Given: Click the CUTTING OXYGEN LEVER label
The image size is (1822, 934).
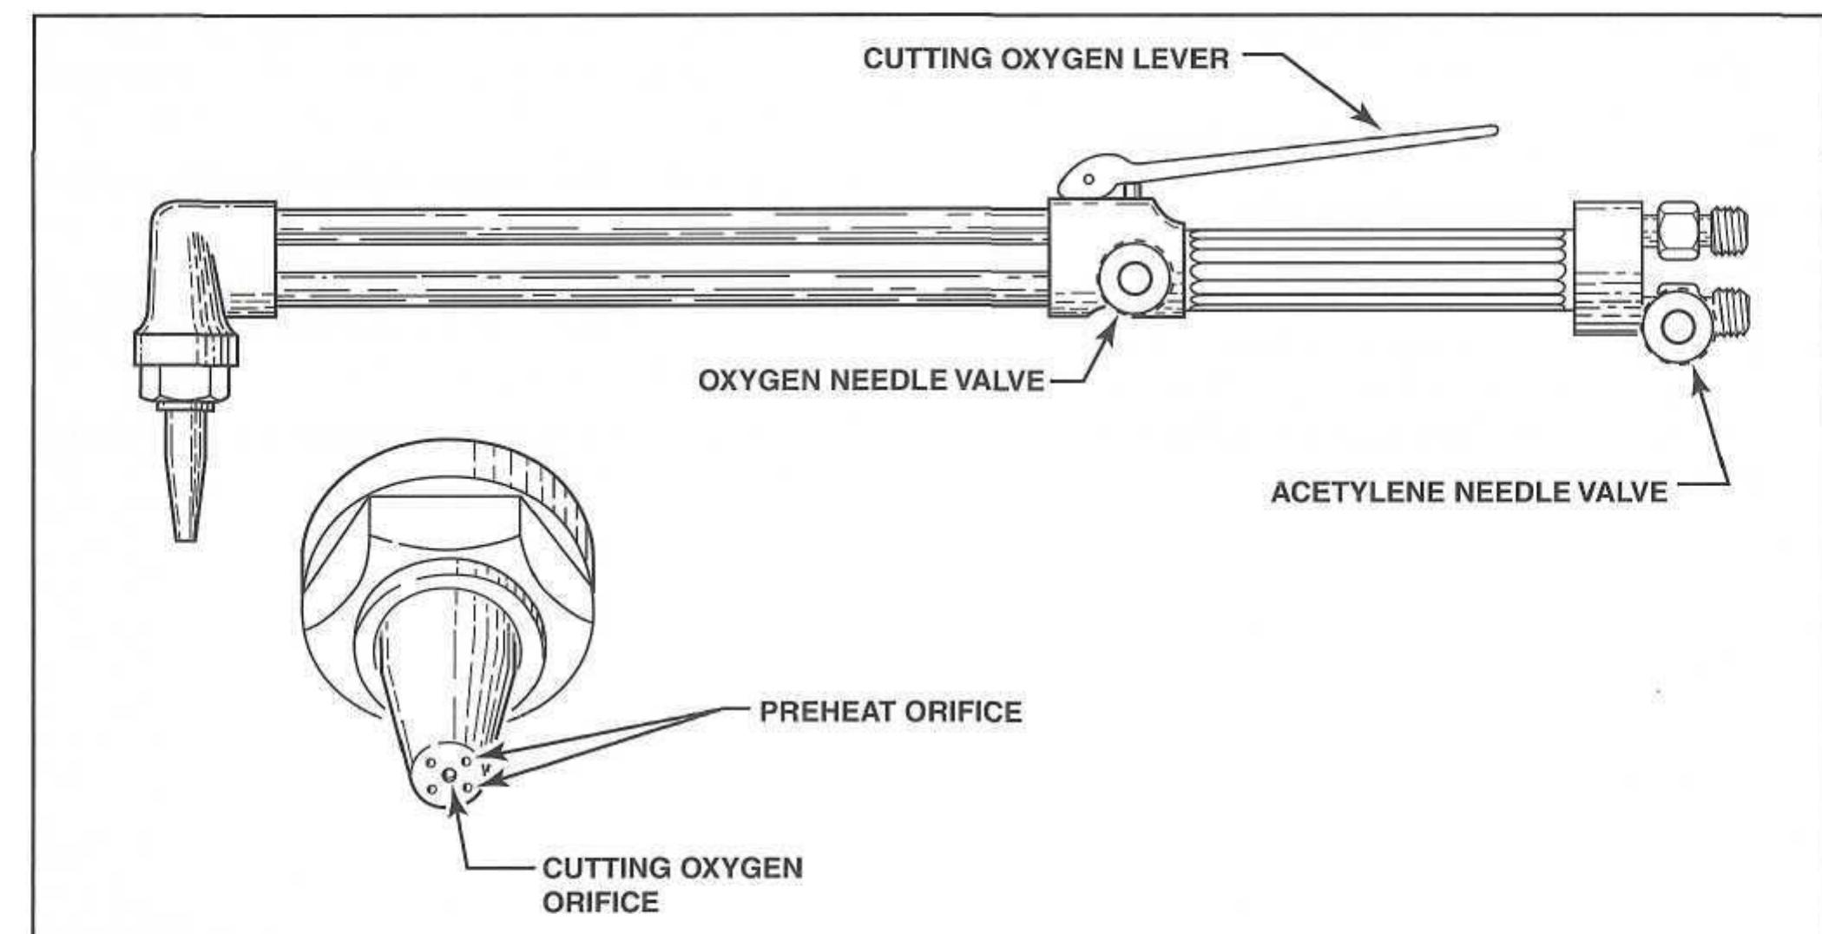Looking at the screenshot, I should pos(1045,59).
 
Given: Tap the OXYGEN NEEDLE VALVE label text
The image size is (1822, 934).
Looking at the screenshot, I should pos(871,380).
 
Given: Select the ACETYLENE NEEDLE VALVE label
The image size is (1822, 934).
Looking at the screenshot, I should pos(1469,492).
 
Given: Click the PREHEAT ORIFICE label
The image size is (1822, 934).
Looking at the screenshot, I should pos(891,712).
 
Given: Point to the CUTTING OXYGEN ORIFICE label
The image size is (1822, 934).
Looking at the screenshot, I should pos(672,884).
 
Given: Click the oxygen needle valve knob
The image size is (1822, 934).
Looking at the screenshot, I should pos(1134,280).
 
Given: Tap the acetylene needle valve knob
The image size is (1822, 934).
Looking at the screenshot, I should pos(1677,327).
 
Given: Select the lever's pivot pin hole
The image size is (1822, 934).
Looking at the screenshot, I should pos(1089,180).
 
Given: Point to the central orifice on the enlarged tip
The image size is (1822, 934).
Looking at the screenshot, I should pos(449,774).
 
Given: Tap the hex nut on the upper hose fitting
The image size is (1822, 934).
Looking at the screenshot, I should pos(1677,227).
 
